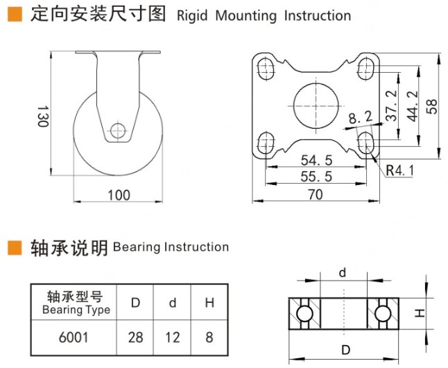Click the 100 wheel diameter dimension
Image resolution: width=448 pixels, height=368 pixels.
coord(119,195)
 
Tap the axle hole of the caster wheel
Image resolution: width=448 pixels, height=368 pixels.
coord(117,130)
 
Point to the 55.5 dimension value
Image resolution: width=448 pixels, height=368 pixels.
coord(316,177)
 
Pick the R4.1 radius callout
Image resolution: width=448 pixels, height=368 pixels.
coord(400,168)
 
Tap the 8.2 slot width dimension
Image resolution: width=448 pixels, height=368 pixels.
coord(360,118)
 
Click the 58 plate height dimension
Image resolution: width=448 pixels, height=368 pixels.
coord(431,105)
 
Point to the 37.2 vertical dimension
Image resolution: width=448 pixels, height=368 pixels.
coord(392,106)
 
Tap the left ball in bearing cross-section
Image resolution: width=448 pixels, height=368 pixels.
coord(303,315)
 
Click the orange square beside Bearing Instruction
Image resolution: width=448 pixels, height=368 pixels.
coord(15,247)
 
